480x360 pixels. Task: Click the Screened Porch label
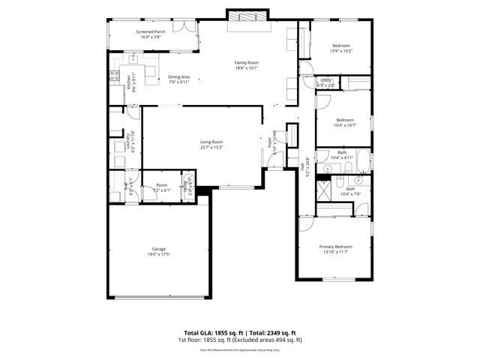(150, 32)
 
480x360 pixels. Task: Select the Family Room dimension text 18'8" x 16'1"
(246, 67)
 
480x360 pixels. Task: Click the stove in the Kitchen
(114, 75)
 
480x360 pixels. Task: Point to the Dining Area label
(178, 76)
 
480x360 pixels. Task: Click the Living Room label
(211, 142)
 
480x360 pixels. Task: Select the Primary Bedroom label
(335, 247)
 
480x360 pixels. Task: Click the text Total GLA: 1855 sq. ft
(211, 332)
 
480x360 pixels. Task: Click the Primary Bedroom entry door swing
(307, 223)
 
